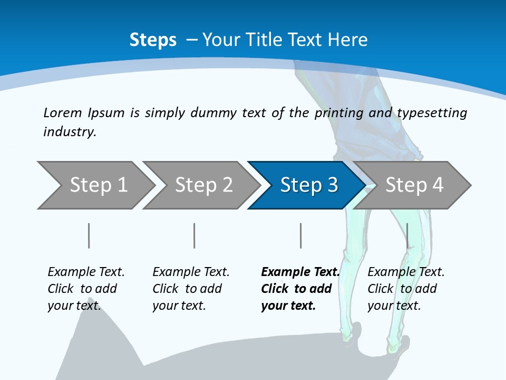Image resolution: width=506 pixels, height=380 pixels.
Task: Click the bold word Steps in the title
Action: [x=153, y=40]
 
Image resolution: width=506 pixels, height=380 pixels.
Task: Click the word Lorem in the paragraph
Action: [x=63, y=112]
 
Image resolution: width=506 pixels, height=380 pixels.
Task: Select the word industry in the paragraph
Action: [x=69, y=132]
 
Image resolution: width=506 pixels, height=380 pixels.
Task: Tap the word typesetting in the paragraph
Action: [x=432, y=113]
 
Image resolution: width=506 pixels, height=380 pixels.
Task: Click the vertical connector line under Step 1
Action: [x=89, y=235]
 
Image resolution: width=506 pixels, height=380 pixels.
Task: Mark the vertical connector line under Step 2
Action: [x=194, y=235]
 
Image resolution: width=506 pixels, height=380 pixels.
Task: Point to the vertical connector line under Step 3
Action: [x=301, y=235]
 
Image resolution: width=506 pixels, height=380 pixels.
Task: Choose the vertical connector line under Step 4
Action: [x=407, y=235]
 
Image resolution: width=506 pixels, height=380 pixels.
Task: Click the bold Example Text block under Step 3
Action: [x=299, y=289]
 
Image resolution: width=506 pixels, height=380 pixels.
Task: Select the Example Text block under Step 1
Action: [x=86, y=289]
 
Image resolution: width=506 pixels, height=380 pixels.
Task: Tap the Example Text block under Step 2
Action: [x=191, y=289]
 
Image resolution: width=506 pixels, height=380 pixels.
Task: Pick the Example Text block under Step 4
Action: [x=406, y=289]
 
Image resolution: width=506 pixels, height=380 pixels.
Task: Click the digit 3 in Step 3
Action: [x=332, y=185]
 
